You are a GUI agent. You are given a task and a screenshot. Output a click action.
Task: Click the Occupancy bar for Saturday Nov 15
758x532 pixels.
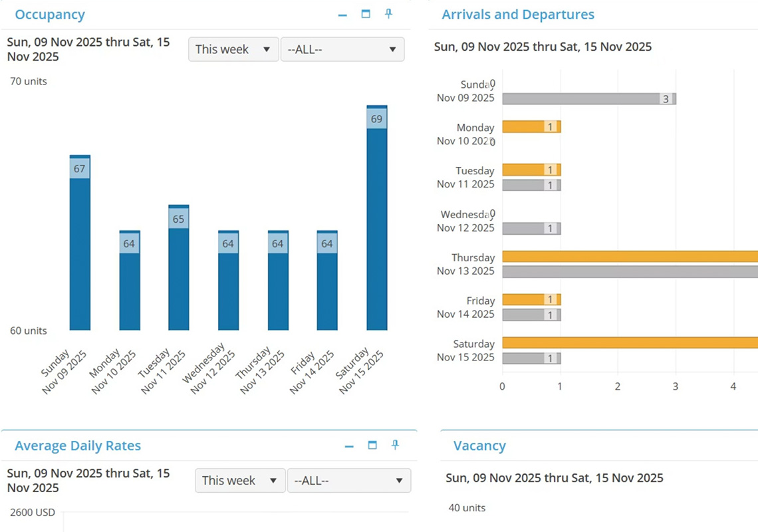point(377,226)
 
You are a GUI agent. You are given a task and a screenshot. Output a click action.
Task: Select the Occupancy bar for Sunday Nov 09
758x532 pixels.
point(80,253)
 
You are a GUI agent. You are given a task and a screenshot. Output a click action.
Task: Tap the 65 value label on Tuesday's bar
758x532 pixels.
point(178,219)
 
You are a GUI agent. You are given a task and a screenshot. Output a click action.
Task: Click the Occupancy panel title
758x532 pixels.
point(50,15)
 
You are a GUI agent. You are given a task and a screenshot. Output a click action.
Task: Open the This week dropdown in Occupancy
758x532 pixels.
point(233,49)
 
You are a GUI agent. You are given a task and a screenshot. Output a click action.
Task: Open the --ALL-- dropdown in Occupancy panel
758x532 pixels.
point(342,49)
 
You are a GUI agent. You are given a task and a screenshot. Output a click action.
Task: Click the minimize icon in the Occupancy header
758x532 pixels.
point(342,15)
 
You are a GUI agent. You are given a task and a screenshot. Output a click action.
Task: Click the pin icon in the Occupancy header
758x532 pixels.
point(389,14)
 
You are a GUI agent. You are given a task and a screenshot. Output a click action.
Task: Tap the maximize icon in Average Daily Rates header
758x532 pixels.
point(372,445)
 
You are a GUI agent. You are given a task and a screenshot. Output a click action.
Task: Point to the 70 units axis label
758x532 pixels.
point(29,81)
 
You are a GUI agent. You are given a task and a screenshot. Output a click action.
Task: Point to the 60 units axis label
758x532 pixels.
point(29,331)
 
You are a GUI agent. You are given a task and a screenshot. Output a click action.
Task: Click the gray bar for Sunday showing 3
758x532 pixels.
point(588,99)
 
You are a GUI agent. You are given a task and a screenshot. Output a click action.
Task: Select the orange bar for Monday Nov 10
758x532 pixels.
point(531,126)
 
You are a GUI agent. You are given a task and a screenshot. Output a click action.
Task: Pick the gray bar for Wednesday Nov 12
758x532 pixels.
point(531,228)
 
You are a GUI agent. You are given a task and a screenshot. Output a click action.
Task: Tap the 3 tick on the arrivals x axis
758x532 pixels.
point(676,386)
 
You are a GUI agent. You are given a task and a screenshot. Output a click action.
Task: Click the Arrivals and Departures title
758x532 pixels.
point(518,15)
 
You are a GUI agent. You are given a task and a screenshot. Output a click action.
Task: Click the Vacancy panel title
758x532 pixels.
point(479,446)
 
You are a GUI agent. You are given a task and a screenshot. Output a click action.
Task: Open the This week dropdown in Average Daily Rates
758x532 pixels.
point(239,480)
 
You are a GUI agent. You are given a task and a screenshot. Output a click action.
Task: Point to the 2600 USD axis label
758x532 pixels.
point(33,512)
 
